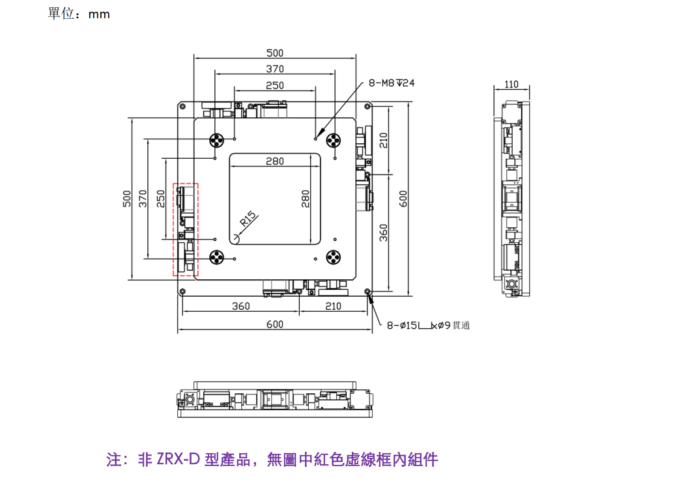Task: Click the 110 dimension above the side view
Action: pos(511,84)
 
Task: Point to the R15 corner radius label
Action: pos(248,219)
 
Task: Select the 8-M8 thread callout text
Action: pos(392,83)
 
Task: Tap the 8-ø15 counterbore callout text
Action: pos(428,326)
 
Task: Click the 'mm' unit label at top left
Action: pos(99,14)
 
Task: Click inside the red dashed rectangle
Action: pos(186,230)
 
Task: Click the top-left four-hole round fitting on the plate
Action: pos(216,140)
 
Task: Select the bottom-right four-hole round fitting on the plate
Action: pos(333,258)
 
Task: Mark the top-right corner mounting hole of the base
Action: pos(367,105)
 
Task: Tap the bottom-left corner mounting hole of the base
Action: pos(182,292)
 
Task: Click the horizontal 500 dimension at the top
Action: pos(275,53)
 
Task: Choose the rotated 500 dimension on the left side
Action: pos(127,199)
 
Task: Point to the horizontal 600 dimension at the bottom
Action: pos(275,324)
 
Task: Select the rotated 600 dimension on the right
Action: pos(403,199)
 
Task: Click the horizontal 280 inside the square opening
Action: pos(275,161)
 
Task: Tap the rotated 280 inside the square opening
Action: pos(305,199)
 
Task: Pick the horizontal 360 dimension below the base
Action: pos(240,306)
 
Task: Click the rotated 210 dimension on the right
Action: pos(383,140)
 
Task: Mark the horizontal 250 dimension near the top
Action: pos(275,85)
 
